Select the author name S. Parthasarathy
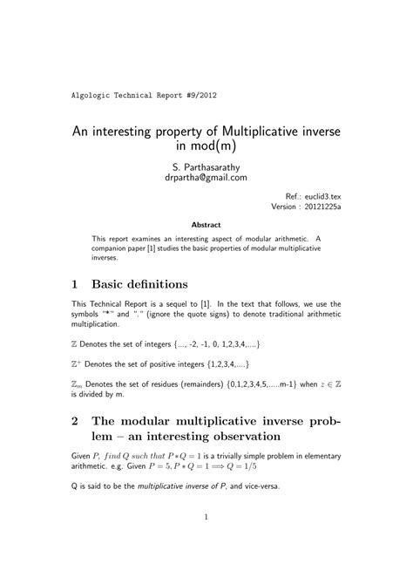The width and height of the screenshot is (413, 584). pos(206,165)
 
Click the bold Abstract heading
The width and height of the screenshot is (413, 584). pos(206,225)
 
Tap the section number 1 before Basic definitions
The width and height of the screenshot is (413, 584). pos(76,284)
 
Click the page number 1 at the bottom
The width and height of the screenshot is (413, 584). pos(206,542)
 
